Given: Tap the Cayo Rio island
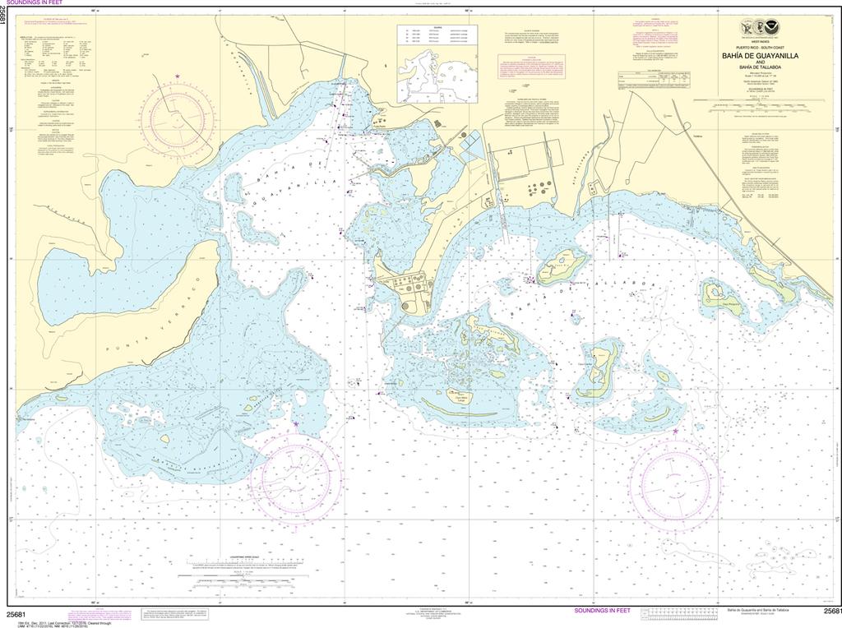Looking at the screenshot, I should [562, 266].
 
